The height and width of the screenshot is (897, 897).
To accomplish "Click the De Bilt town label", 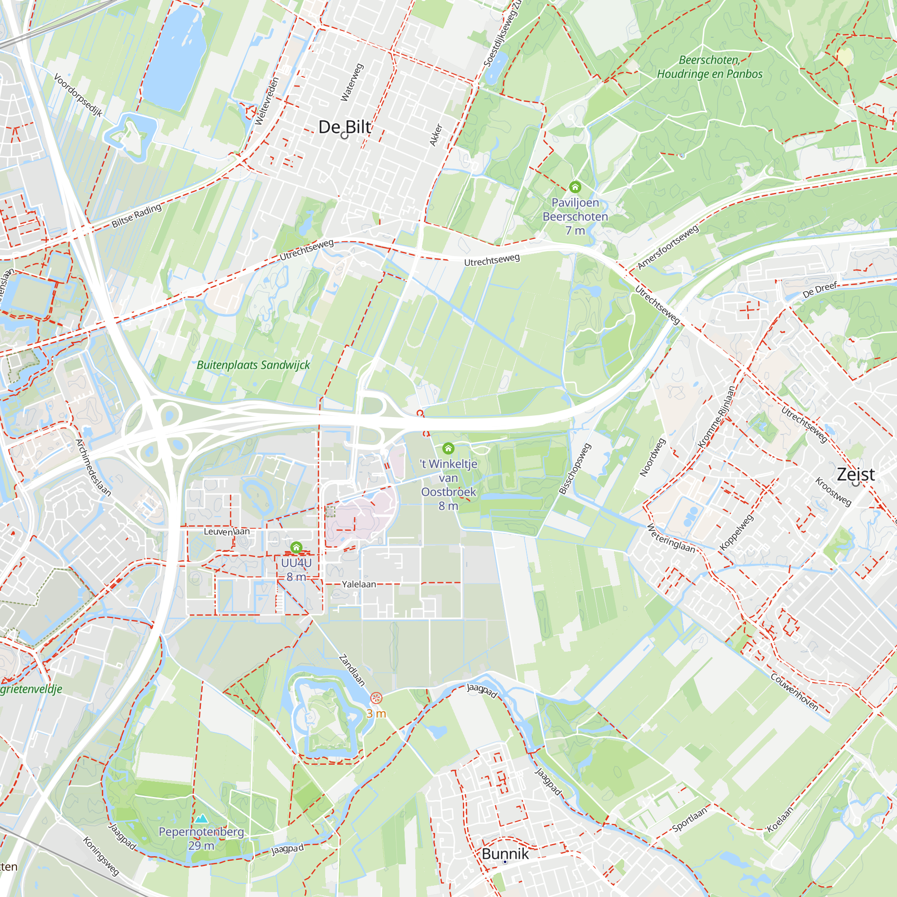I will click(x=344, y=127).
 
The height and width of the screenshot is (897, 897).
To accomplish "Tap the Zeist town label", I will click(x=855, y=474).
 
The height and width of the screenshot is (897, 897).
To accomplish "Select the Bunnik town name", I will click(x=505, y=853).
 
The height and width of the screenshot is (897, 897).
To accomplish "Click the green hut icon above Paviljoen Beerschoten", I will click(x=575, y=187).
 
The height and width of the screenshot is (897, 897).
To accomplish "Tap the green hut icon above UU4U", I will click(x=296, y=548).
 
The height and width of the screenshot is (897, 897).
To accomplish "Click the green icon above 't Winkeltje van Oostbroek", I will click(x=448, y=448).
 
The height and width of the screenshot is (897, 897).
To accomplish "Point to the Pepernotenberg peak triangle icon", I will click(x=201, y=818).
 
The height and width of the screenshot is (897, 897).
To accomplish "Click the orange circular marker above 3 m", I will click(x=376, y=698).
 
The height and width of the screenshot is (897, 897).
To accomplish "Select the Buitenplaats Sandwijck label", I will click(x=253, y=365).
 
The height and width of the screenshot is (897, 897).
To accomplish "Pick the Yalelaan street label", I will click(x=359, y=584).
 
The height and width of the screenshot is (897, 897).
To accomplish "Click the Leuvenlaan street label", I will click(x=226, y=531).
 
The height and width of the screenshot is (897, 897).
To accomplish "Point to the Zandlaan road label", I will click(x=352, y=670).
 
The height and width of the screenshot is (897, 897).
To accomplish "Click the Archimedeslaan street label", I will click(x=93, y=467).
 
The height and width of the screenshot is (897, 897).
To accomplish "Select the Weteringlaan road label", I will click(x=671, y=539).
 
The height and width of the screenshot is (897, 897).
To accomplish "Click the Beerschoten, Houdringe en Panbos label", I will click(x=710, y=67).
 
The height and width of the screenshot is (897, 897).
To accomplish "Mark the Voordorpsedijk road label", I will click(x=78, y=95).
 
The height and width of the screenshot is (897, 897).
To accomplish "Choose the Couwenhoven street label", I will click(x=794, y=692).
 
